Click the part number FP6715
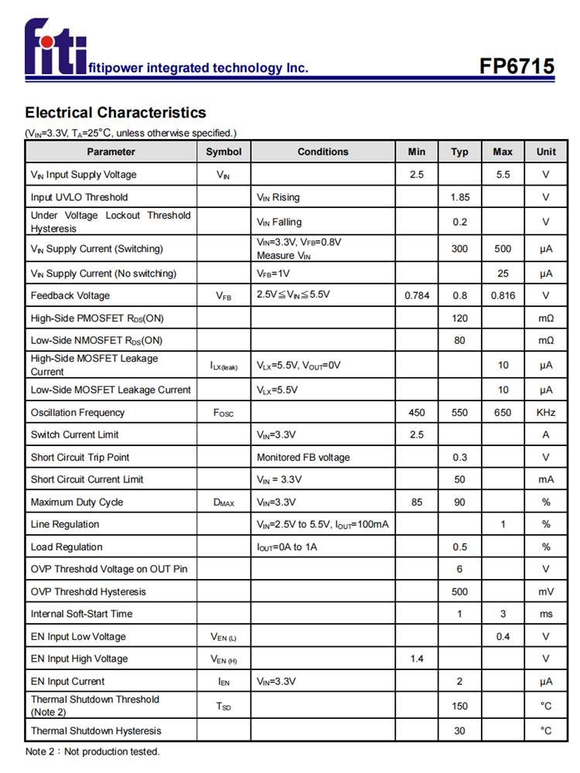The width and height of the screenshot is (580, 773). (517, 66)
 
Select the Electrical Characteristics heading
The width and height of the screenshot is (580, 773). (115, 113)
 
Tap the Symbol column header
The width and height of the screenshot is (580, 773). (223, 152)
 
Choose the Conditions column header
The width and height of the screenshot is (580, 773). (323, 152)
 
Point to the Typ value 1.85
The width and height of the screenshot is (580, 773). (459, 197)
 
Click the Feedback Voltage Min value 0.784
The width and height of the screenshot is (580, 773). (417, 295)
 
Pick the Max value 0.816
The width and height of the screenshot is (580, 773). (503, 295)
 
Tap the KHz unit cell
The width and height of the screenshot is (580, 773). (546, 413)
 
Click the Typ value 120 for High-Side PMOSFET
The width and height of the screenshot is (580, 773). (459, 318)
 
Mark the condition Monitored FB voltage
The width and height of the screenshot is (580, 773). (303, 458)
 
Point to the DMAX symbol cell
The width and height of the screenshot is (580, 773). (223, 502)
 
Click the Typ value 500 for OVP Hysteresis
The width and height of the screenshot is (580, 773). (459, 591)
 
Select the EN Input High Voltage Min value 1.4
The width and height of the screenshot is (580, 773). (417, 659)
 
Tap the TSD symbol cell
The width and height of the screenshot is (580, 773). (223, 706)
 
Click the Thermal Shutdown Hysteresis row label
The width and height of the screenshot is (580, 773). (96, 730)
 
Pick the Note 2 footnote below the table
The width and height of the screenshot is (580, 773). (92, 751)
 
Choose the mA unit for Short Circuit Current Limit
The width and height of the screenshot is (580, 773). (546, 479)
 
